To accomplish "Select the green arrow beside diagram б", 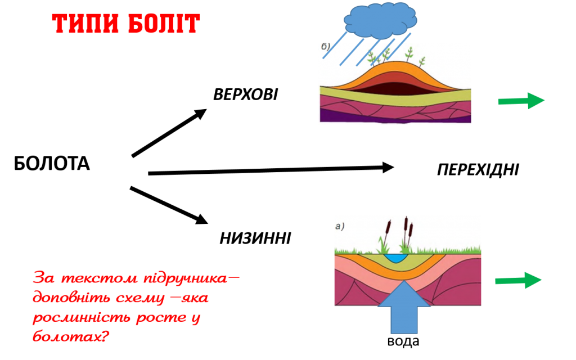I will (521, 101).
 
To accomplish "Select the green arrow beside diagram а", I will (518, 280).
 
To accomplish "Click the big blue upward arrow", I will (404, 308).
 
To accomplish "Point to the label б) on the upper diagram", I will (326, 47).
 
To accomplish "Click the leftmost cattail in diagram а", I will (388, 228).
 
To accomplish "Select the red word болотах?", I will (70, 338).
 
